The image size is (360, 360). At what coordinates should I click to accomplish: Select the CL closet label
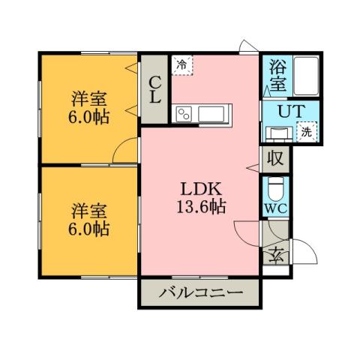(154, 90)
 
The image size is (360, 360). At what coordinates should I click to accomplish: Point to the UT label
(287, 112)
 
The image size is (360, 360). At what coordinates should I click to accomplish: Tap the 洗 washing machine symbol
(305, 132)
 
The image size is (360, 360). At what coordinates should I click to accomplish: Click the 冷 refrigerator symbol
(181, 65)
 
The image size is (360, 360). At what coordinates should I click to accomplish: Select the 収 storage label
(274, 158)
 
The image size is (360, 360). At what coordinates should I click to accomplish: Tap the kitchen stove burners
(184, 113)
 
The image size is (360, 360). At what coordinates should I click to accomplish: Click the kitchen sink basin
(211, 113)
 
